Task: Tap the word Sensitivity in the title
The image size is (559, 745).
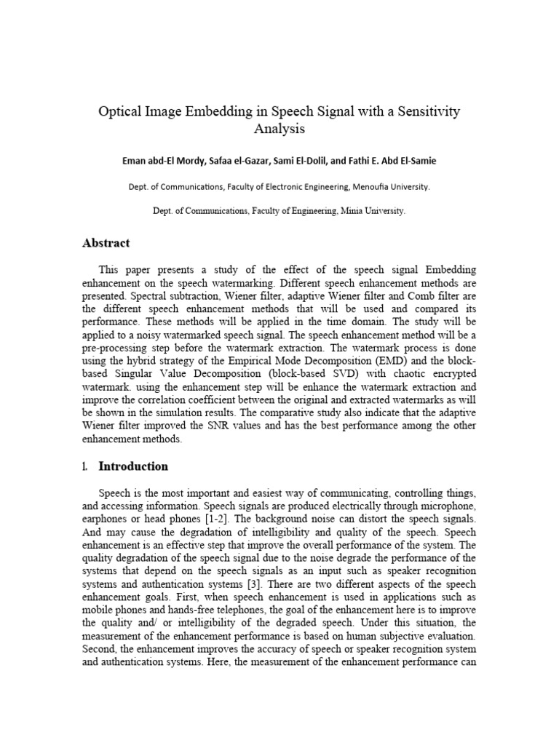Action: (x=424, y=111)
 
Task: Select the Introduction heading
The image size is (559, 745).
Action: (x=133, y=466)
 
